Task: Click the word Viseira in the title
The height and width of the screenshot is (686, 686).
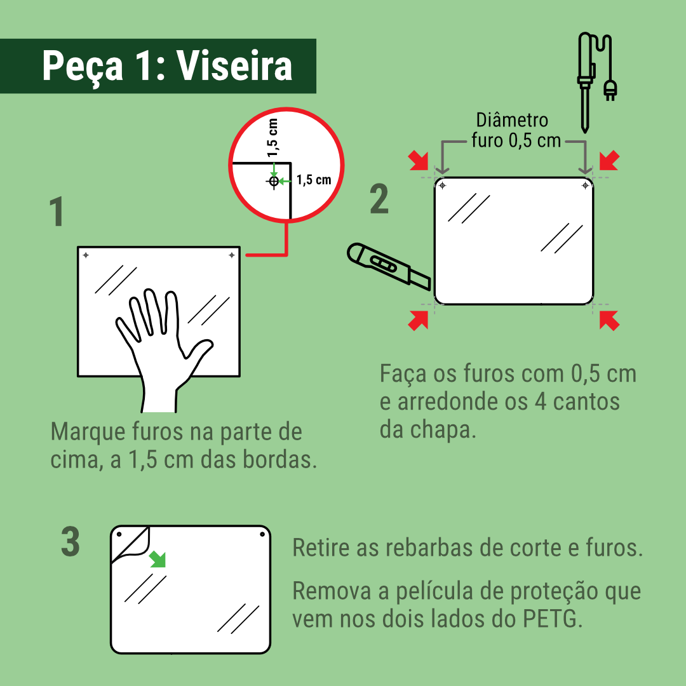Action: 234,66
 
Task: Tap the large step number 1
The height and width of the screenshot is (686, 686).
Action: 57,212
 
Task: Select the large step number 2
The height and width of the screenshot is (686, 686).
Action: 379,199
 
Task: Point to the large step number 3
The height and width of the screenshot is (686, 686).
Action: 71,542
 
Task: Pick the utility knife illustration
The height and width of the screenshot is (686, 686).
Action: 389,266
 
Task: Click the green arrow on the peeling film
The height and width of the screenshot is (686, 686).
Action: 158,559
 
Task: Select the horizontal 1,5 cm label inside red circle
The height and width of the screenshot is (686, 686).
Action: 314,180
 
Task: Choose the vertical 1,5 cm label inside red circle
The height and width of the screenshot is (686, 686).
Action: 272,137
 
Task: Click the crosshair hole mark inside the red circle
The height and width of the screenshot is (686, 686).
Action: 274,180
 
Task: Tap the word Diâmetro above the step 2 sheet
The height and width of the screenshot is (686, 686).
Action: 512,120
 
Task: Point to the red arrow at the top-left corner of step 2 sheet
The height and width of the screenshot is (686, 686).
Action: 418,161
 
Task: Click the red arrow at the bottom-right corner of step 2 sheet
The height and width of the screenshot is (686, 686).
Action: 609,321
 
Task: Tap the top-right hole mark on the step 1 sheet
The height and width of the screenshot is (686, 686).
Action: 232,255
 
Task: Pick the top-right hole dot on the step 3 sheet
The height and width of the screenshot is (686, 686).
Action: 262,534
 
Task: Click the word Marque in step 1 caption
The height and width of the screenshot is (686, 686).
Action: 88,433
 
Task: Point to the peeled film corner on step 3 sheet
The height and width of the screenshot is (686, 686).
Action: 131,546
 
